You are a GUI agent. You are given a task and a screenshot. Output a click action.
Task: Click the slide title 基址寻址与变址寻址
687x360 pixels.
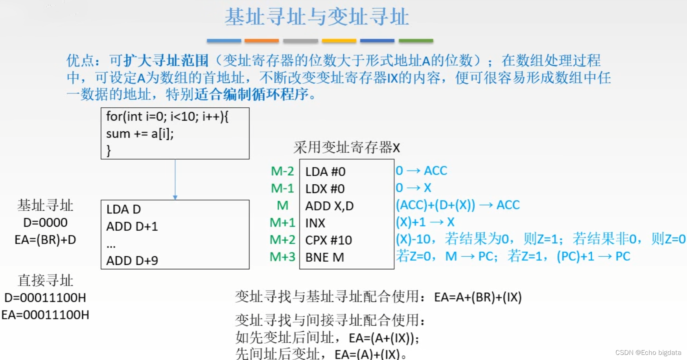click(317, 17)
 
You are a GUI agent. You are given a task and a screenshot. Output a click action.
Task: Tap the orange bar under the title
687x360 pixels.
click(262, 40)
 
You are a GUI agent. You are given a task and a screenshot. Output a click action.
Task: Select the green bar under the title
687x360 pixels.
click(416, 40)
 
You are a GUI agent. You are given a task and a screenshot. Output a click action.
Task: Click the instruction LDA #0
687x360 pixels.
click(325, 172)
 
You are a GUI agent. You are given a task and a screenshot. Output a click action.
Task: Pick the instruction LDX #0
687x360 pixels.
click(325, 189)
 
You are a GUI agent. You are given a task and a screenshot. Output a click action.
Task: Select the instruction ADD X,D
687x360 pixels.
click(330, 206)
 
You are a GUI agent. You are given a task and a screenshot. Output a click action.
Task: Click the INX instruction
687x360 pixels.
click(315, 223)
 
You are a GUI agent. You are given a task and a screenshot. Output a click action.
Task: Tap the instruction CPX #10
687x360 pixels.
click(328, 240)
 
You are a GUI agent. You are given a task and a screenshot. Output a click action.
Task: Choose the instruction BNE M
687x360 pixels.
click(324, 257)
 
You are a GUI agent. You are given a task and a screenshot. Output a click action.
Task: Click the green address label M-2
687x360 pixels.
click(282, 171)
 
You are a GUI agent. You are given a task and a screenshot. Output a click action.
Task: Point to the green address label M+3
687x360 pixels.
click(282, 257)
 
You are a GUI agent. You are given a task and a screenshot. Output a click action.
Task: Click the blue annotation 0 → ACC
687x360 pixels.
click(421, 171)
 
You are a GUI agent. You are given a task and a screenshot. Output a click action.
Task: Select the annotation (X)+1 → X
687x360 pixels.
click(425, 222)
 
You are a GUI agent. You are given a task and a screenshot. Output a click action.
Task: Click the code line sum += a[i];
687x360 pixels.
click(140, 134)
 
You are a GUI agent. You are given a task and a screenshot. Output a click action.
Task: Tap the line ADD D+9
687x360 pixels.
click(132, 261)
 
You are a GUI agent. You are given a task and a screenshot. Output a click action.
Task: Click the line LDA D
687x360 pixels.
click(123, 209)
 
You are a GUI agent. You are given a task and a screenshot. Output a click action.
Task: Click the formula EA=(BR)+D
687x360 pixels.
click(45, 240)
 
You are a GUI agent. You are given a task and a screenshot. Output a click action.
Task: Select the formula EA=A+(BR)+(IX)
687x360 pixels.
click(477, 298)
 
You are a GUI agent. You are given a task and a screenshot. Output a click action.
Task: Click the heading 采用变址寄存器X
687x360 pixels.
click(346, 148)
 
